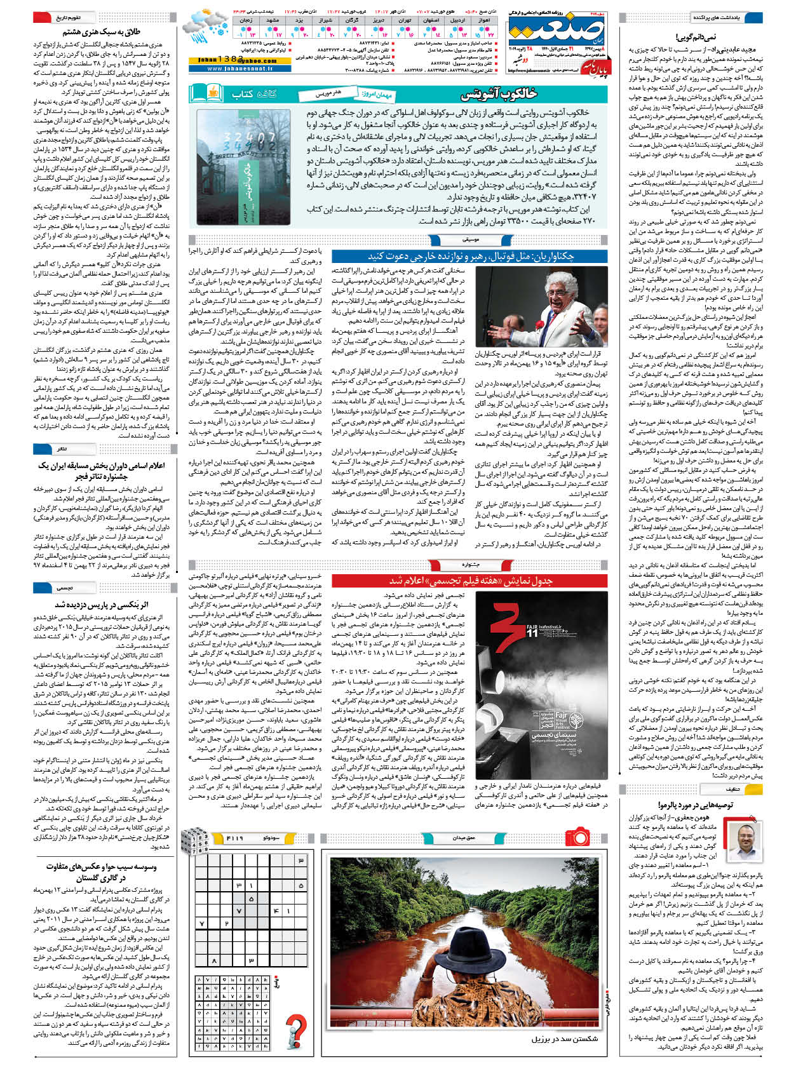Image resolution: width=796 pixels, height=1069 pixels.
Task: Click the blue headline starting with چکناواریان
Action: click(471, 255)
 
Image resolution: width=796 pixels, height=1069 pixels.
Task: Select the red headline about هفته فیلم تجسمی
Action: click(471, 581)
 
